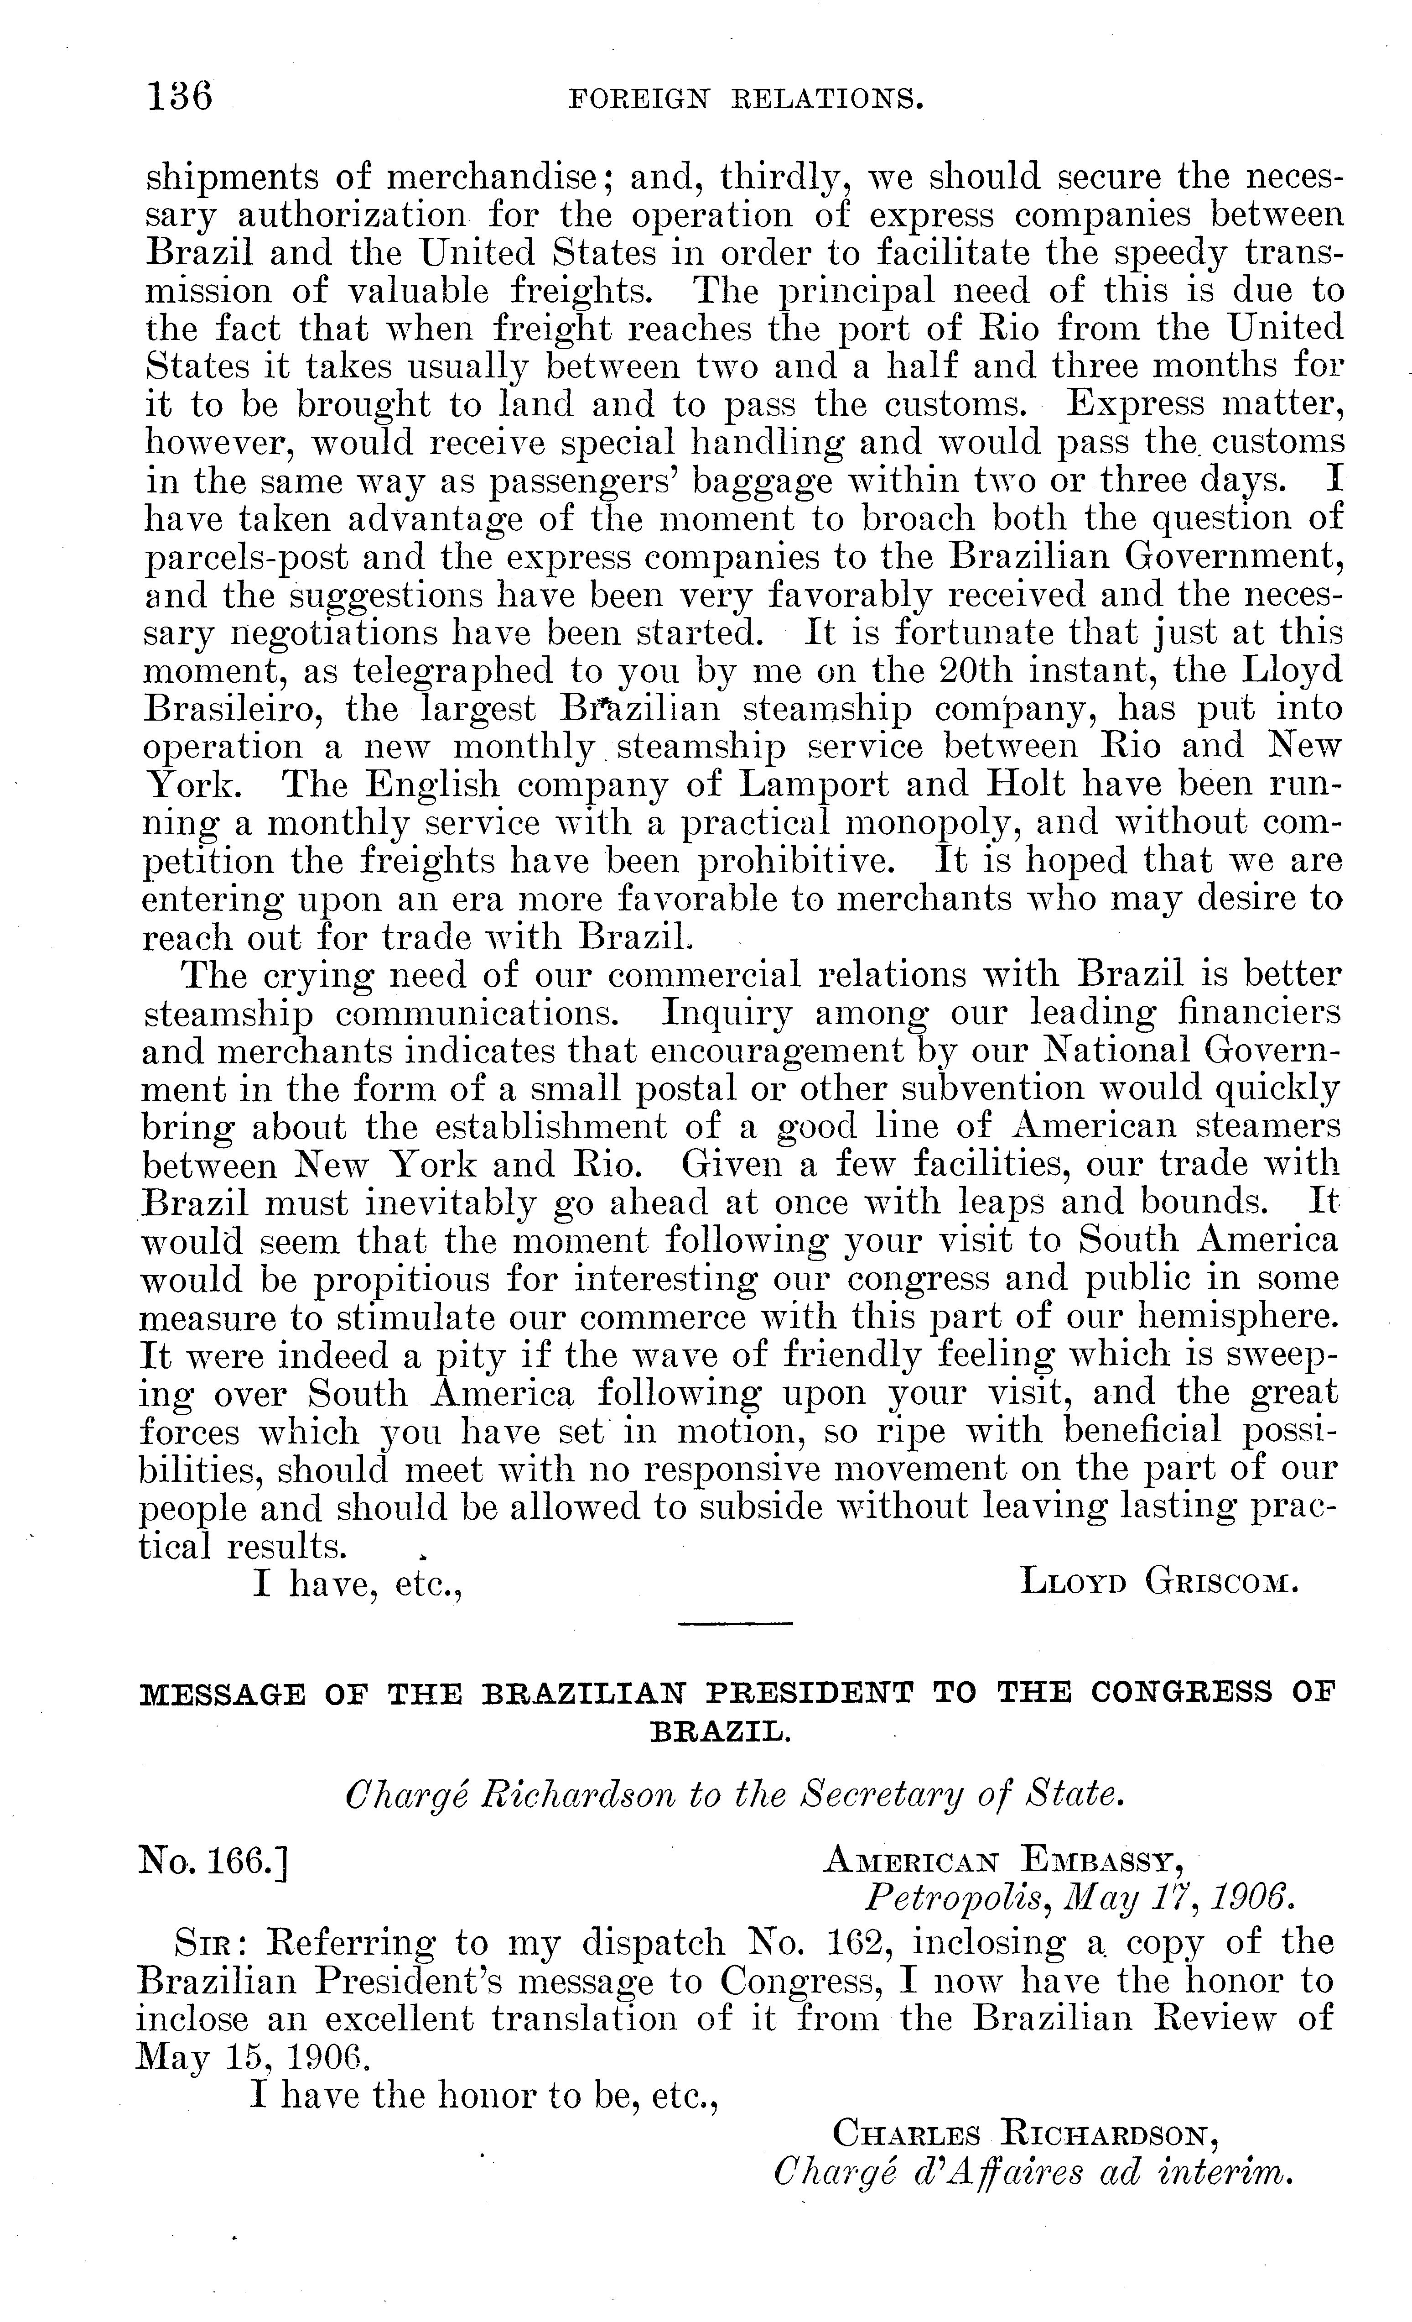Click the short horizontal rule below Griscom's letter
(736, 1624)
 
